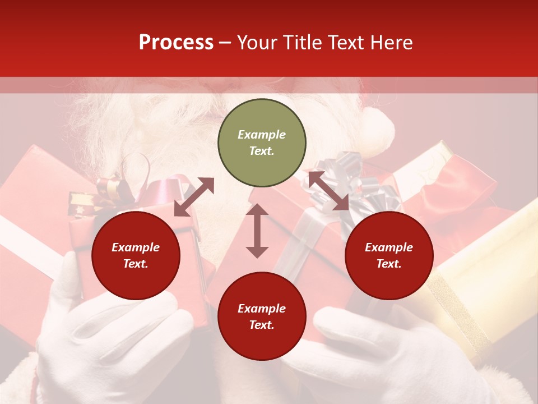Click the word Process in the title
click(x=176, y=43)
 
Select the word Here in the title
click(x=390, y=43)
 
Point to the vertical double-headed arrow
click(x=257, y=231)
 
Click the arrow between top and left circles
click(x=194, y=197)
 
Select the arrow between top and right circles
click(x=328, y=191)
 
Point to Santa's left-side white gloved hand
click(x=106, y=331)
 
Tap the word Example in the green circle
click(x=262, y=135)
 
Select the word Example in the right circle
click(x=389, y=247)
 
